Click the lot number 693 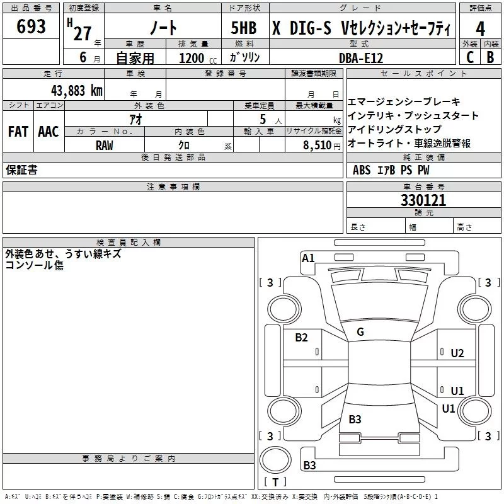31,26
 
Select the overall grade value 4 480,28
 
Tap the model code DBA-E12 362,57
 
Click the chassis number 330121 423,200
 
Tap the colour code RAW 105,145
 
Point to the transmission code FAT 18,132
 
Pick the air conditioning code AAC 49,132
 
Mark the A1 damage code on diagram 308,258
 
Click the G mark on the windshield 360,332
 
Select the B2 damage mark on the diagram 302,338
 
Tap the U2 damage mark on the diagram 457,353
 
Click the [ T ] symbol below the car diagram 275,482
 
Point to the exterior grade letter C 470,57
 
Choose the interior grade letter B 490,57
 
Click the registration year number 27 82,33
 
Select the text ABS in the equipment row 362,170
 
